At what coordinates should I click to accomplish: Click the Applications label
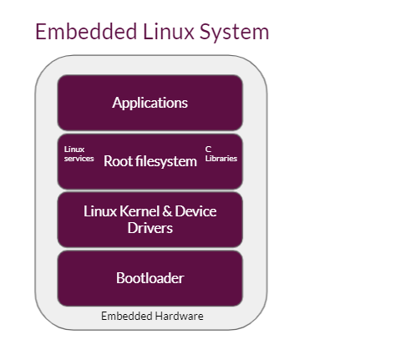[150, 103]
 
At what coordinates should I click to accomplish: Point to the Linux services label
[79, 154]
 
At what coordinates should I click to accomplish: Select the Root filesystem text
[150, 161]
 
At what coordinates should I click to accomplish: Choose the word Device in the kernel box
[195, 210]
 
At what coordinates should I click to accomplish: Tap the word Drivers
[150, 227]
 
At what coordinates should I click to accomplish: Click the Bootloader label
[150, 278]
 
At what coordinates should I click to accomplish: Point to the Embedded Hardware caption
[152, 317]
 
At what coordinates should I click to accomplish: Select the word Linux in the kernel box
[99, 210]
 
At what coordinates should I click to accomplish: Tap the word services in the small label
[79, 158]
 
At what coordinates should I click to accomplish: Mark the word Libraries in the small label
[221, 158]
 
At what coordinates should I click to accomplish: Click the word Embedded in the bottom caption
[125, 317]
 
